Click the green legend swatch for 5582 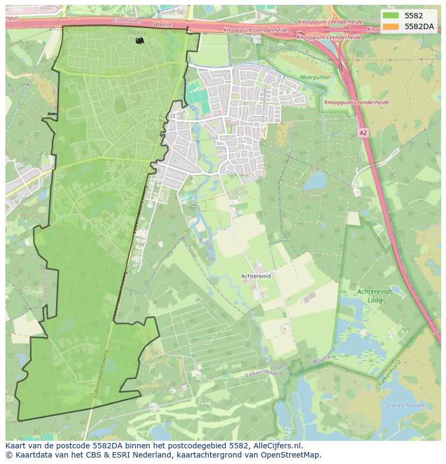click(x=392, y=16)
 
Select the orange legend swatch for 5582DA click(x=392, y=26)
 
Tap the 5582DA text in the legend click(x=419, y=26)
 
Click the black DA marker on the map click(x=140, y=40)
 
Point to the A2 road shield click(x=363, y=133)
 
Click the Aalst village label click(x=168, y=116)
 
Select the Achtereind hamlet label click(x=256, y=276)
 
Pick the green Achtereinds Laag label click(x=375, y=296)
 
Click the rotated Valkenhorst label click(x=389, y=372)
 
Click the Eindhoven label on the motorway click(x=127, y=20)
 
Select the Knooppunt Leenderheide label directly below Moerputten click(x=356, y=102)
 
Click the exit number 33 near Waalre click(x=162, y=32)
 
